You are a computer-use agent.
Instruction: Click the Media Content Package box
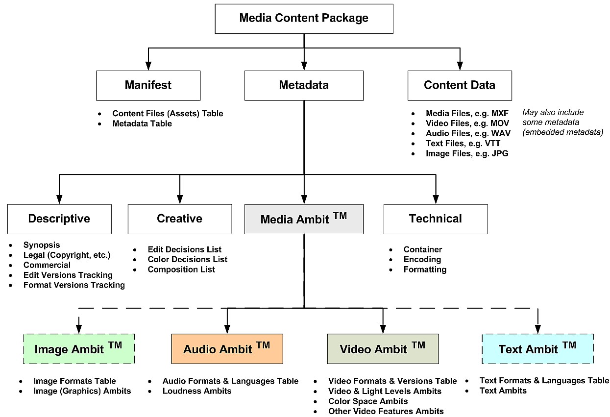pos(304,19)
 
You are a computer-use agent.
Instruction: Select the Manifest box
pos(148,85)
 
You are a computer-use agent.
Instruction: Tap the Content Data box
pos(460,85)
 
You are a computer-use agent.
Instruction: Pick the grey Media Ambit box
pos(304,219)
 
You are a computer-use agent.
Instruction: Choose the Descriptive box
pos(59,219)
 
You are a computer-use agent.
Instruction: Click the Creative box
pos(180,219)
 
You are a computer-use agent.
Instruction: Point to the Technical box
pos(436,219)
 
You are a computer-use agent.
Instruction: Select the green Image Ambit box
pos(79,349)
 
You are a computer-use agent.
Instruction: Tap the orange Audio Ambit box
pos(227,349)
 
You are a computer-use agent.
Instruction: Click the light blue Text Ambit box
pos(537,349)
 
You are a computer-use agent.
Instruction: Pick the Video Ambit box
pos(383,349)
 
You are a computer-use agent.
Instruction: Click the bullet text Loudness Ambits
pos(197,391)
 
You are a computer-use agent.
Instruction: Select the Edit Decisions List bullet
pos(185,249)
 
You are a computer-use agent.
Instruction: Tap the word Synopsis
pos(42,245)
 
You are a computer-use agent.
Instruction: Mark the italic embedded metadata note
pos(562,122)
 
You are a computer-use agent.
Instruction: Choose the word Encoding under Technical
pos(422,259)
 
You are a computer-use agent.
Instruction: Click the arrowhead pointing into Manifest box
pos(148,66)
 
